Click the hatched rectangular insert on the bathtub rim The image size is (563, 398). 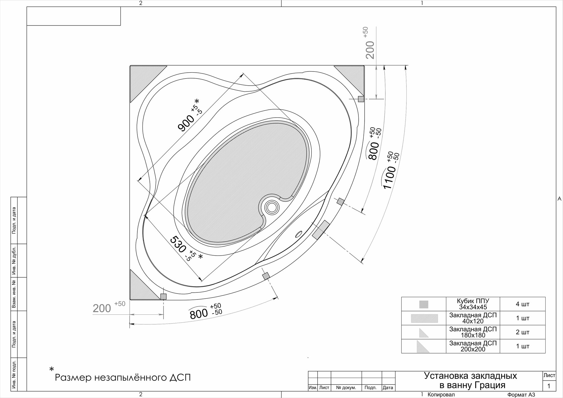321,230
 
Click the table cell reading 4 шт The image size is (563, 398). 522,304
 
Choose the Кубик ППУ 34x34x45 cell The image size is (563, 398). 473,304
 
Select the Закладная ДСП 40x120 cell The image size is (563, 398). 473,318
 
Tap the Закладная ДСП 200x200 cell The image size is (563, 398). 473,346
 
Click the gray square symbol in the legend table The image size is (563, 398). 424,304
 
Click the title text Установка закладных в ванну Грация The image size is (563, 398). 470,380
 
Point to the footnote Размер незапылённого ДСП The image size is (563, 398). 123,377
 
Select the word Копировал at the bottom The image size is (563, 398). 441,395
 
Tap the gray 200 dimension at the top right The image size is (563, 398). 370,50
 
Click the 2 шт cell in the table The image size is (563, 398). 522,332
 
